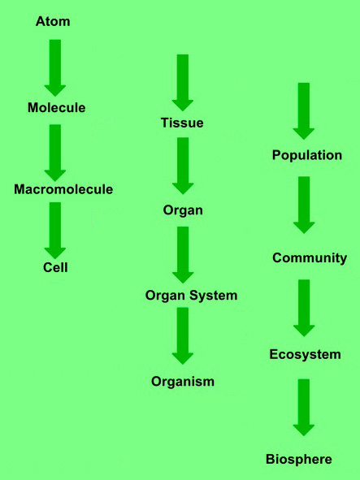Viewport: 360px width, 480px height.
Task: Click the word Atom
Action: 53,21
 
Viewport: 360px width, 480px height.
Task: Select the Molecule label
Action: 57,108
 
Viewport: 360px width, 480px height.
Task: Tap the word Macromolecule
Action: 63,189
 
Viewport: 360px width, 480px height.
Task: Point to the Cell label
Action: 55,267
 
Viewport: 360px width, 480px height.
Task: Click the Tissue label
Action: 182,123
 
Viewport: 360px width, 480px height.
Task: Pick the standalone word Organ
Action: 183,211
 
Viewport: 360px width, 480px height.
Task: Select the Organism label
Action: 183,382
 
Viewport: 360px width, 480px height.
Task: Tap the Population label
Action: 307,155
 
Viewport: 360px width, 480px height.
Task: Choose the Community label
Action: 310,258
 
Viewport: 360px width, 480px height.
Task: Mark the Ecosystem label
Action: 306,355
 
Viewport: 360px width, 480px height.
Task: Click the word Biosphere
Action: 299,460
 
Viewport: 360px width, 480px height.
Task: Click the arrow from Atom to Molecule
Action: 55,68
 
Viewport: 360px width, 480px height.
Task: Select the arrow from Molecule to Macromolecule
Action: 55,153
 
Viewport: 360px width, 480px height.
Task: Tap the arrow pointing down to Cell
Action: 55,231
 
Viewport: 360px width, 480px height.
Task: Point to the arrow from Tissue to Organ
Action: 183,166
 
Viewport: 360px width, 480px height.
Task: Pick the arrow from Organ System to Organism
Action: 183,336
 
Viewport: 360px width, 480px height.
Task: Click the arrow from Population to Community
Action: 304,205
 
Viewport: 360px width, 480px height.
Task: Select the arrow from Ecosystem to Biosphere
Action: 304,408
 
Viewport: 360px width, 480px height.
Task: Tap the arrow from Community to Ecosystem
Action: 304,308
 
